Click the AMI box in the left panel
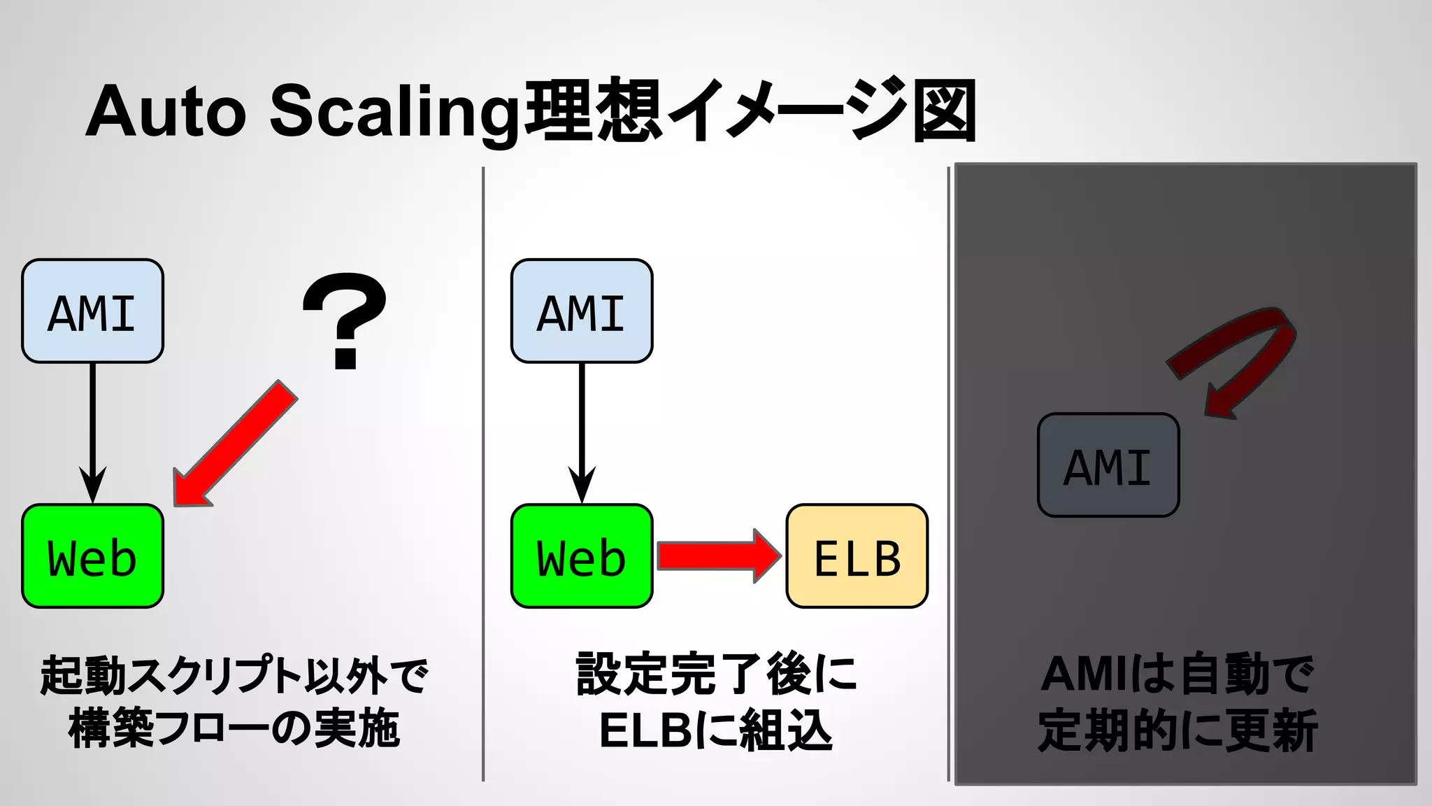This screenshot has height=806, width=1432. [x=92, y=311]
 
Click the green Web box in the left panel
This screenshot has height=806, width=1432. [x=92, y=556]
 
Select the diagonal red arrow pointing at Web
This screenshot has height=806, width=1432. [x=234, y=444]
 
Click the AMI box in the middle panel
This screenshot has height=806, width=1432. [x=581, y=311]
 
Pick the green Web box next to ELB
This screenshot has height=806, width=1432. [x=581, y=556]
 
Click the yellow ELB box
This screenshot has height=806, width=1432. [x=857, y=556]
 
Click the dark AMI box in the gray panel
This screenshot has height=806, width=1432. [x=1108, y=465]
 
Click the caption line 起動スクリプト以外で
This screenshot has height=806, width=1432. [x=234, y=675]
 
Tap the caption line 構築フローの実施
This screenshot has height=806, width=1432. [x=234, y=729]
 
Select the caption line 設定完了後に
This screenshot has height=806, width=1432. [x=716, y=675]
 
